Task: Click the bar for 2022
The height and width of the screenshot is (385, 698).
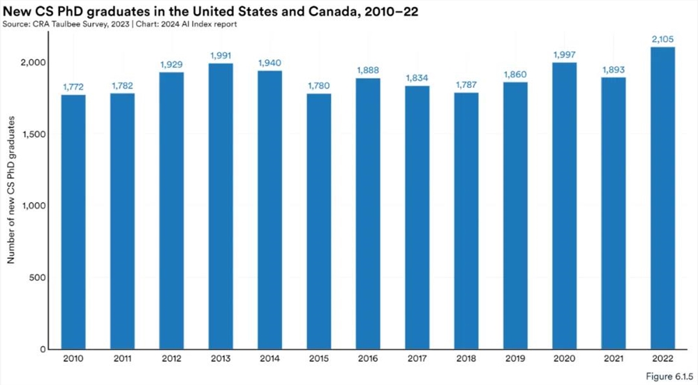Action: pyautogui.click(x=662, y=198)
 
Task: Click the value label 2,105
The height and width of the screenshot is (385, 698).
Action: pyautogui.click(x=662, y=38)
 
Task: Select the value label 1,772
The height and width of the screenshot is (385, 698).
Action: pyautogui.click(x=73, y=86)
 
